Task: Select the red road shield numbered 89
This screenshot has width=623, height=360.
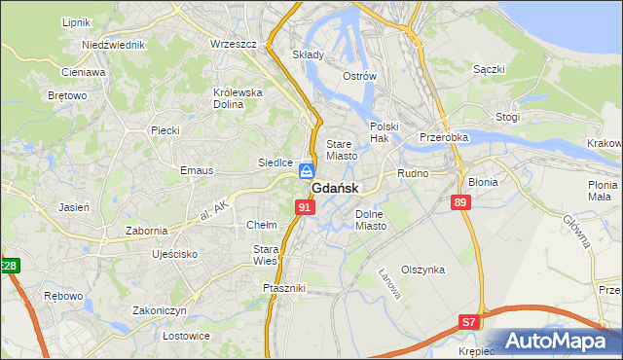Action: point(461,201)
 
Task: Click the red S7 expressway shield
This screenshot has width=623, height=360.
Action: point(469,321)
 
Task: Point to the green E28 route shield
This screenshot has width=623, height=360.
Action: point(9,266)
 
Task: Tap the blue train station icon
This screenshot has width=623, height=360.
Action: point(307,169)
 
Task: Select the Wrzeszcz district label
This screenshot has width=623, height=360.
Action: point(233,44)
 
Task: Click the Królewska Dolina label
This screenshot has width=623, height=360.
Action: point(238,99)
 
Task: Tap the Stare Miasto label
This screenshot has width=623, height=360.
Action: point(342,149)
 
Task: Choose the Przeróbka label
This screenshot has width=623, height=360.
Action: point(444,137)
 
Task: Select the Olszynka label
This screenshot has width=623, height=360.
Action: point(422,270)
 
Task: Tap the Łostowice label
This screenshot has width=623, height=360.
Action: point(160,336)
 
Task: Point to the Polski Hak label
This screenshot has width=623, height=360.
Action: point(385,132)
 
